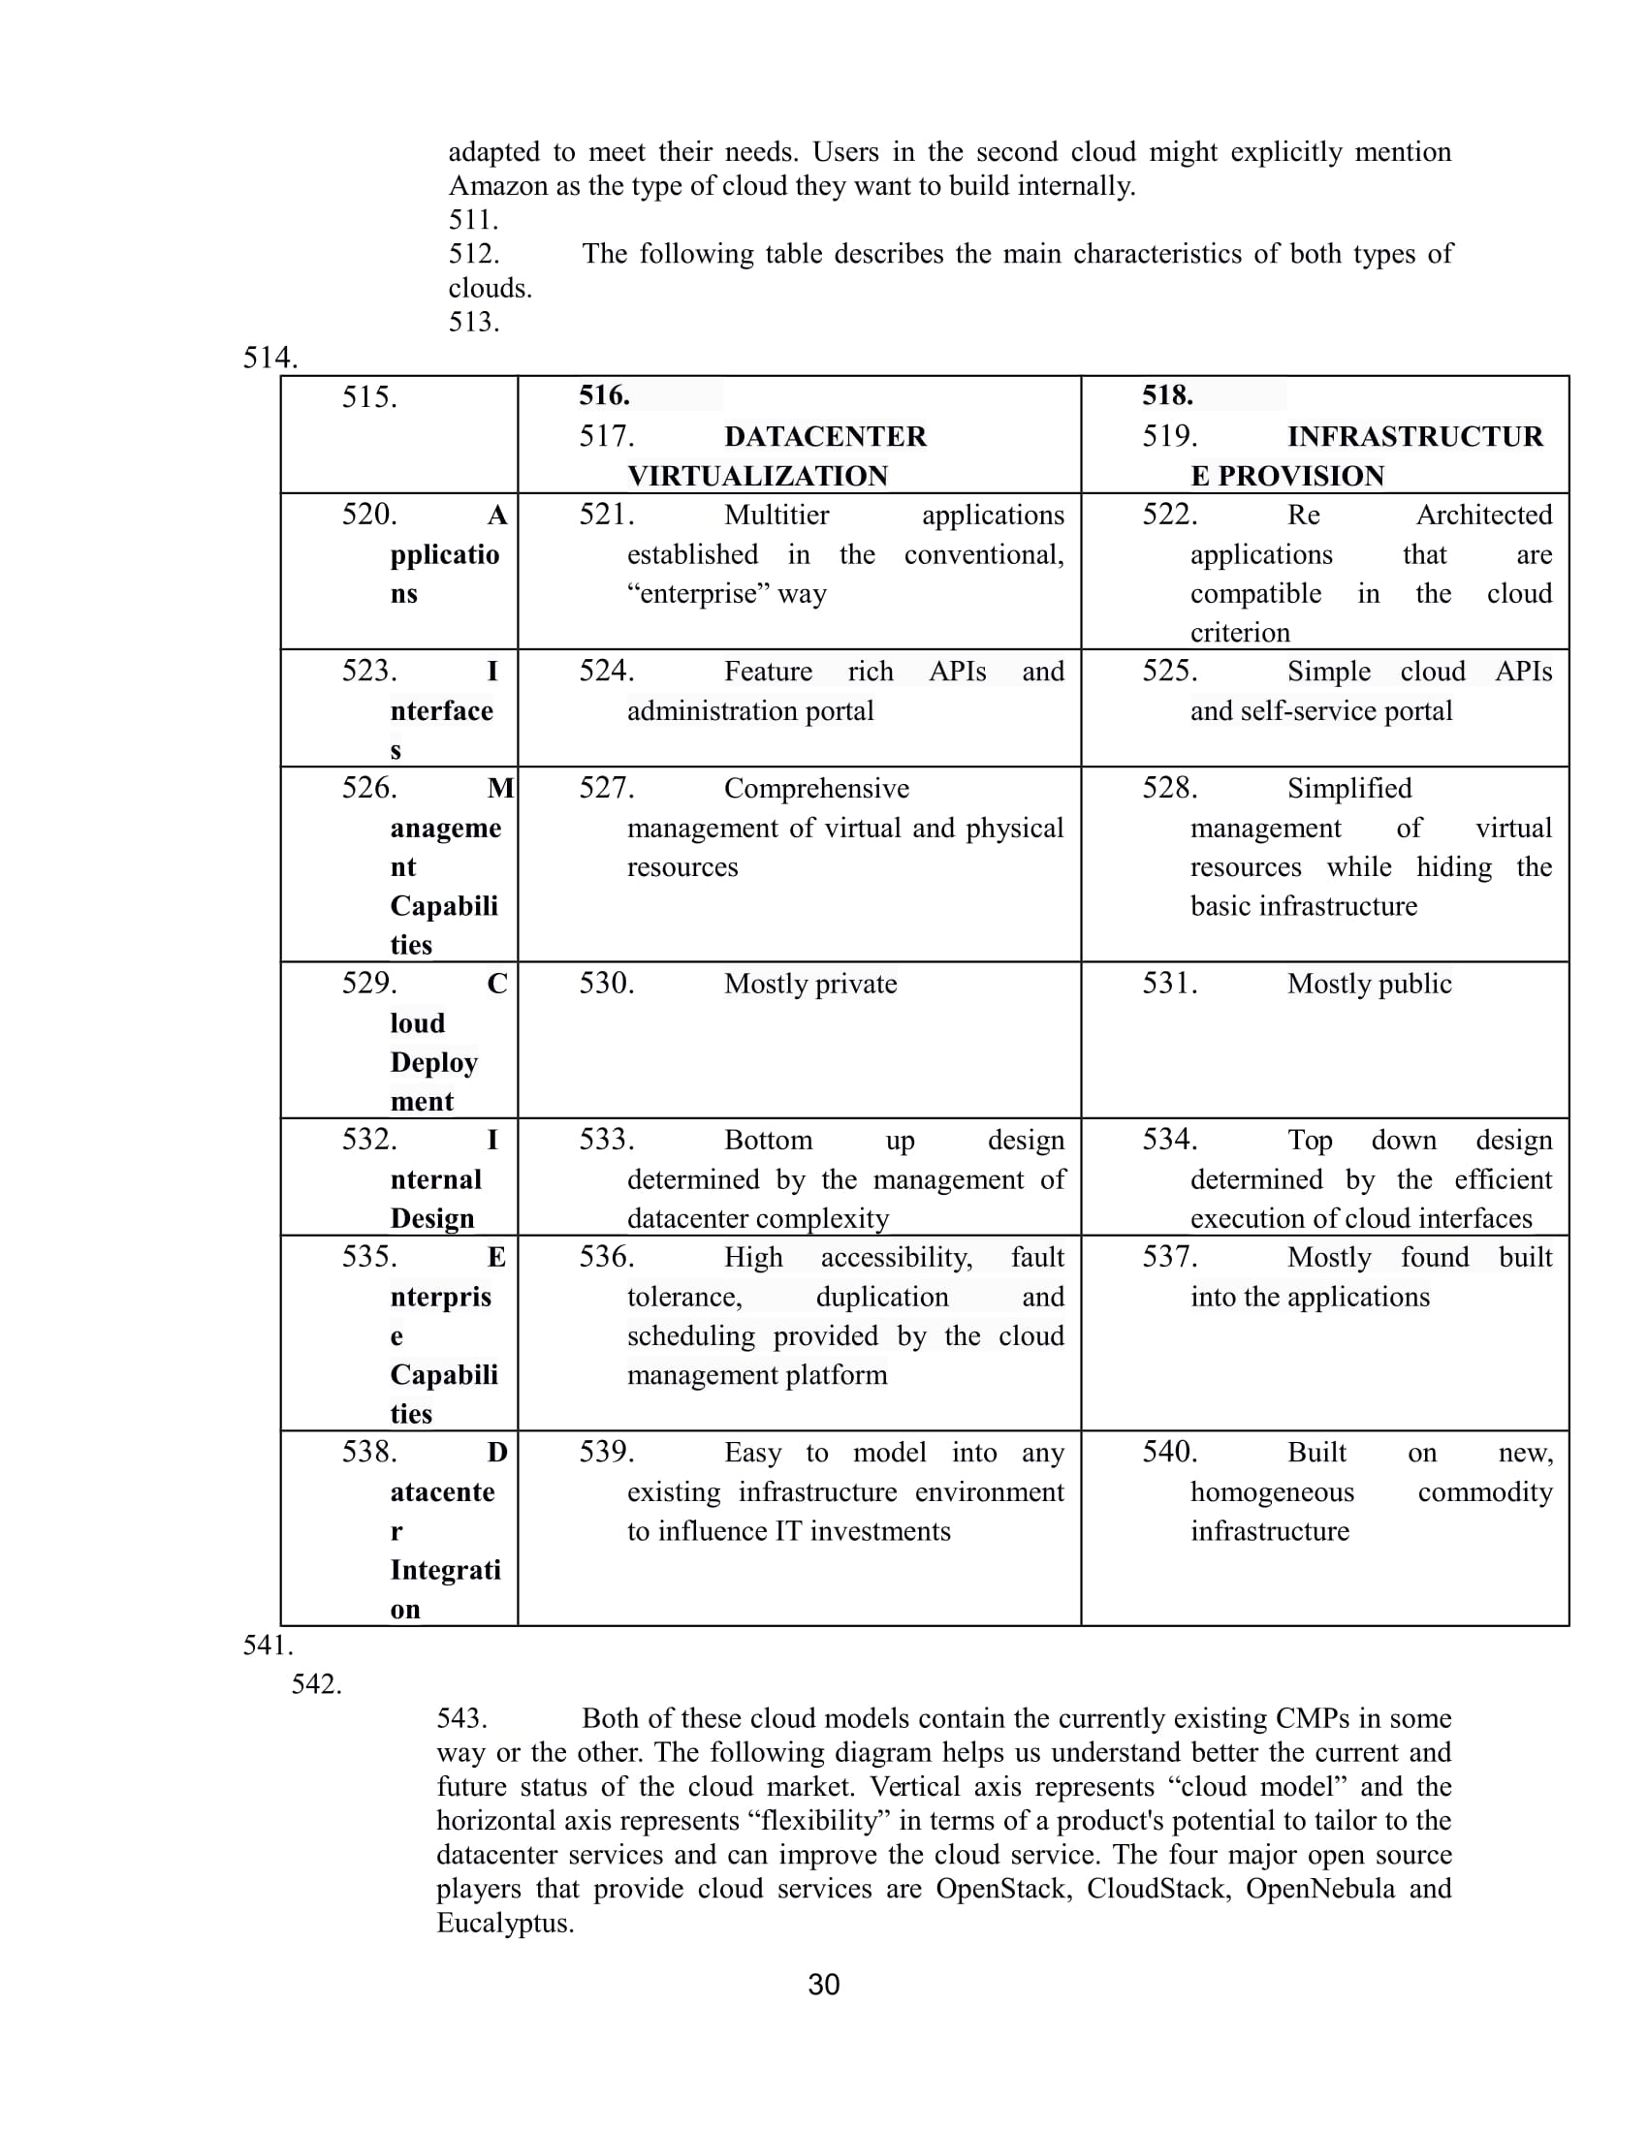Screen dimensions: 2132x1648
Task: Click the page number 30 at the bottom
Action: tap(823, 1984)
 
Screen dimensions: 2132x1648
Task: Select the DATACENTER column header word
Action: tap(825, 436)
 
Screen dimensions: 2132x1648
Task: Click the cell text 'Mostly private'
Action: tap(810, 984)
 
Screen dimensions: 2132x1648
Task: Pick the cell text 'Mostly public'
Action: tap(1369, 984)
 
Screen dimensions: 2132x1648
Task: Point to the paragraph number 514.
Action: tap(269, 358)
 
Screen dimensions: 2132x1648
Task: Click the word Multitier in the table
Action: tap(776, 516)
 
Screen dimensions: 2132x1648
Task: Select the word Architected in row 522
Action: tap(1484, 516)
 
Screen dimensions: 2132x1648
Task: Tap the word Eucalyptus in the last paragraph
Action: tap(504, 1923)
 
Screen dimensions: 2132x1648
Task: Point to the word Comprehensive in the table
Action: tap(816, 789)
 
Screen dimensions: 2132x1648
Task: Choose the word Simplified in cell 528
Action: tap(1349, 789)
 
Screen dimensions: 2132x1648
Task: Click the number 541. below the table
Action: tap(268, 1646)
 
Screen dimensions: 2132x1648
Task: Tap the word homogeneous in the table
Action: tap(1271, 1491)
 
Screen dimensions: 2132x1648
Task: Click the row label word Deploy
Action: tap(433, 1062)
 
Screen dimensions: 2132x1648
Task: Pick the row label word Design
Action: tap(431, 1218)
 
